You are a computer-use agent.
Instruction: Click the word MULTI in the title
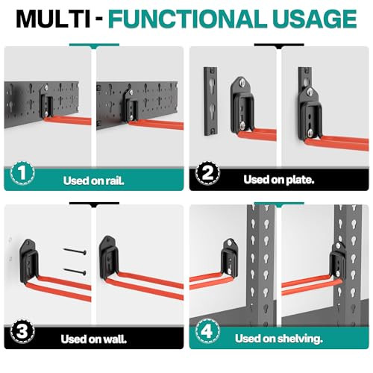(53, 19)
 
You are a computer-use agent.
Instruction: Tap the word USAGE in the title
(315, 19)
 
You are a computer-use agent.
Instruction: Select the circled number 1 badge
(22, 172)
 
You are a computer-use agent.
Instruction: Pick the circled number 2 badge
(207, 172)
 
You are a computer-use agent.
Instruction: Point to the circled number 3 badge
(22, 331)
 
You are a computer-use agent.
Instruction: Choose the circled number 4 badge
(207, 331)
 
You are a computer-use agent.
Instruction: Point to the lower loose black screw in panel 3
(75, 272)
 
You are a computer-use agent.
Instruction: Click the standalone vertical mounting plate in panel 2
(210, 101)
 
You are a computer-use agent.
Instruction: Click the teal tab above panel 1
(94, 46)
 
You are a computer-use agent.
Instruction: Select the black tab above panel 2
(279, 46)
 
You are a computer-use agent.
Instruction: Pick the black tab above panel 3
(94, 204)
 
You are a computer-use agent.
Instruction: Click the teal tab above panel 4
(279, 204)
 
